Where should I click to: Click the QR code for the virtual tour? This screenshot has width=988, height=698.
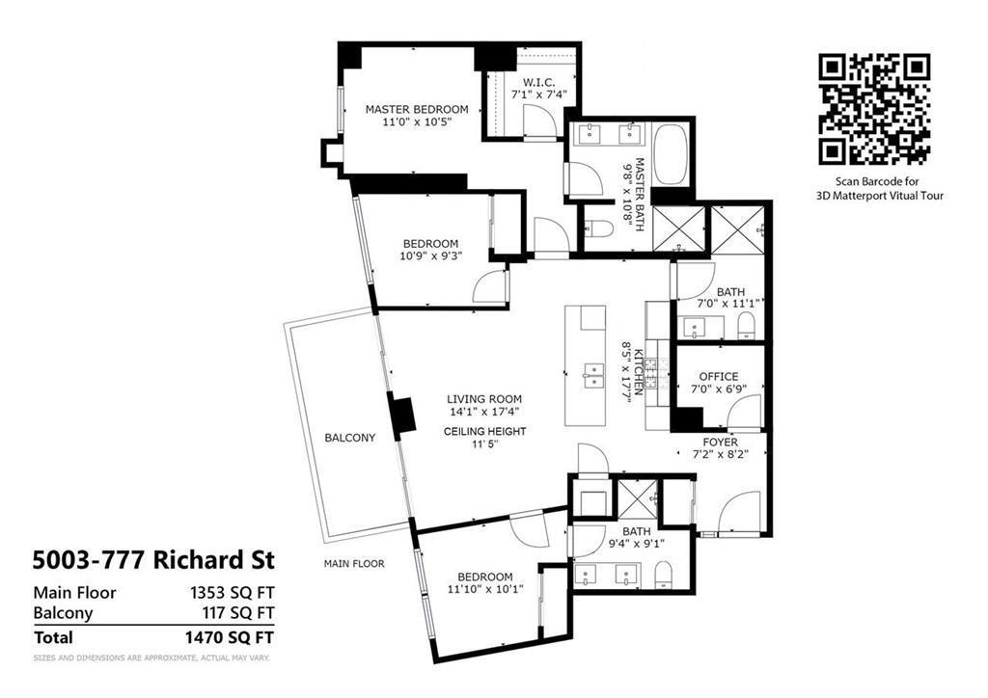pos(874,110)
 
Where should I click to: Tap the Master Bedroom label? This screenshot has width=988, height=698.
pos(417,110)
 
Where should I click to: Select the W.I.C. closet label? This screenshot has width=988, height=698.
pos(538,82)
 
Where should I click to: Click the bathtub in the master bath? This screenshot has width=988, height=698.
pos(672,154)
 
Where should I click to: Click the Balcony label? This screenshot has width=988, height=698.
pos(349,438)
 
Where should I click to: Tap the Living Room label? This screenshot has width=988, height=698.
pos(484,399)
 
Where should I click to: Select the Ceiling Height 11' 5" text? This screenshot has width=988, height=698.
pos(484,438)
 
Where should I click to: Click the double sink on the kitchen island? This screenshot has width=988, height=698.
pos(593,376)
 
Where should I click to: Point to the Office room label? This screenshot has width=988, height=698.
pos(718,377)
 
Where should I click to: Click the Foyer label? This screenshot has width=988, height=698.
pos(720,443)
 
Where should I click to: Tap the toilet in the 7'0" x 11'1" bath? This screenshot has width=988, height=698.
pos(746,327)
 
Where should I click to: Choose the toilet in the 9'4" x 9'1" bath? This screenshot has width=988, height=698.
pos(663,576)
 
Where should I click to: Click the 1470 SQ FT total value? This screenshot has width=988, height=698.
pos(230,637)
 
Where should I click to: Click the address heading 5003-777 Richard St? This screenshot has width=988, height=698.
pos(153,559)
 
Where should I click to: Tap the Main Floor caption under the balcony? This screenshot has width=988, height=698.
pos(354,563)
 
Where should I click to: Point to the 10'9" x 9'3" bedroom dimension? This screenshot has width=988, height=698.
pos(430,255)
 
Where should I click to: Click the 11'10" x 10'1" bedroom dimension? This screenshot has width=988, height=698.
pos(485,588)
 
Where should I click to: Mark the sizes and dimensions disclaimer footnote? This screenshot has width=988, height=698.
pos(151,658)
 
